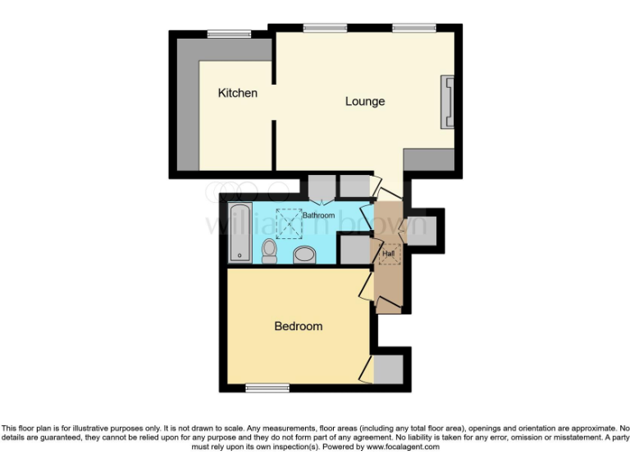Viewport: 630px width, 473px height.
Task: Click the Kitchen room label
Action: (x=237, y=93)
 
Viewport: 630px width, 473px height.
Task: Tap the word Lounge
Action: (x=365, y=102)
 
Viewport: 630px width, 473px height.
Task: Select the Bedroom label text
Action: (x=298, y=326)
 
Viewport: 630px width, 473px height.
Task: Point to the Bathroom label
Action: (x=318, y=215)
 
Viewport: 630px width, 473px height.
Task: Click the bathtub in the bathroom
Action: (x=240, y=232)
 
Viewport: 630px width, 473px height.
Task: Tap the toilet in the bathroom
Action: (x=270, y=250)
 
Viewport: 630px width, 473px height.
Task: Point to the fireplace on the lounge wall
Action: (x=449, y=102)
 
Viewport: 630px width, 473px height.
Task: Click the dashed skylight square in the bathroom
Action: (x=289, y=219)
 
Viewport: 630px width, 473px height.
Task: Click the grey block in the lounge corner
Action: (x=428, y=159)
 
